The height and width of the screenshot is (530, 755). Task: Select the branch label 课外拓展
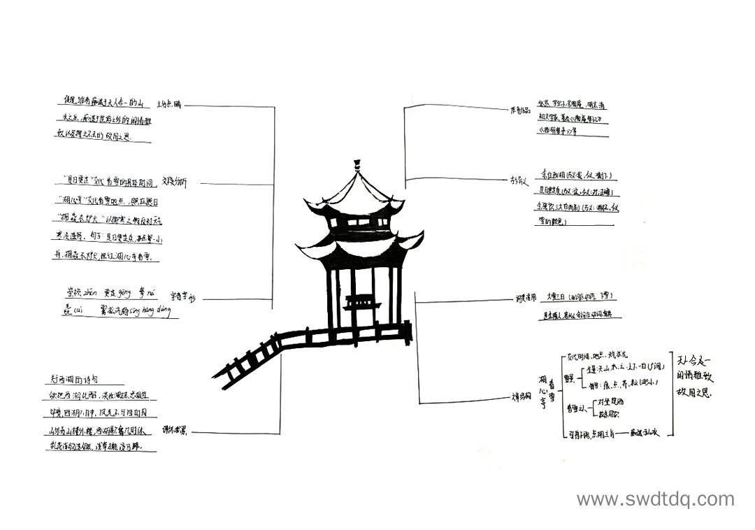[175, 430]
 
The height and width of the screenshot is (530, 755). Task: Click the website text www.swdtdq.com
[655, 499]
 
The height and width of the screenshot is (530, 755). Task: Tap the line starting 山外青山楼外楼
[98, 429]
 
